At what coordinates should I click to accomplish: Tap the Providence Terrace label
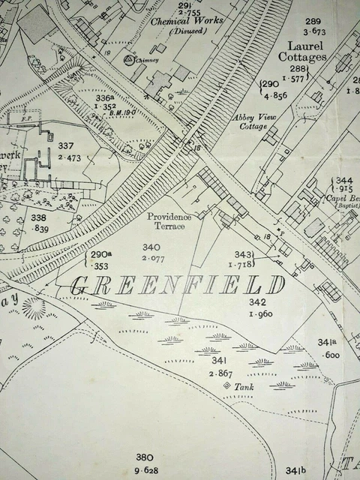169,221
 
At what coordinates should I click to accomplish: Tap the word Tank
245,387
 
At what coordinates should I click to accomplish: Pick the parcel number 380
144,457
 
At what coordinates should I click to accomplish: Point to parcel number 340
151,247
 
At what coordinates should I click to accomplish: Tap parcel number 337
67,146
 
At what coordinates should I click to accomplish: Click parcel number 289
313,21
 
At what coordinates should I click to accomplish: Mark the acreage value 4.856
271,96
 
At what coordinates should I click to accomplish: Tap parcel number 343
244,255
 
